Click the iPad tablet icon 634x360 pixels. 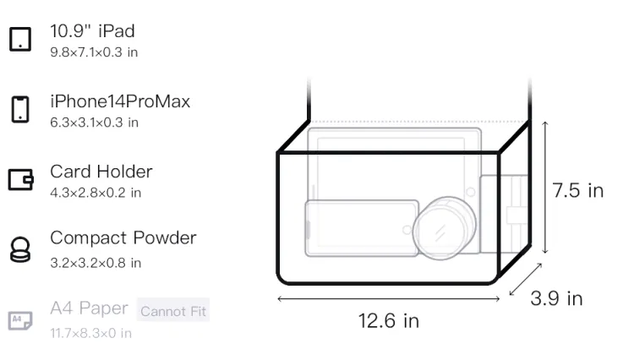click(x=20, y=39)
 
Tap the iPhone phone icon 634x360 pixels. click(x=20, y=109)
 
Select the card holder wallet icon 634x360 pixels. click(x=20, y=179)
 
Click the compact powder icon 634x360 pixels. click(x=20, y=249)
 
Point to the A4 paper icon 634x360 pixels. click(x=20, y=320)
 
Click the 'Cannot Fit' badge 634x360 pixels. click(x=173, y=311)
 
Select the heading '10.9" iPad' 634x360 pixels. click(x=92, y=31)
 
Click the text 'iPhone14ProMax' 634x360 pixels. click(x=120, y=101)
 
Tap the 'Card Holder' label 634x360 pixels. click(x=101, y=172)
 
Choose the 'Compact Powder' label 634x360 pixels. click(x=123, y=238)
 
